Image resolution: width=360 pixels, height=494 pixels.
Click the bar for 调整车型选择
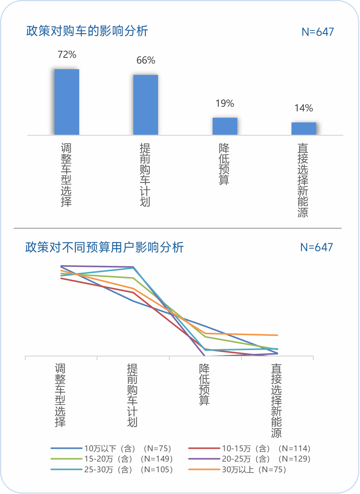coord(67,102)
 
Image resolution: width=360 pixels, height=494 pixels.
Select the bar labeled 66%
coord(146,105)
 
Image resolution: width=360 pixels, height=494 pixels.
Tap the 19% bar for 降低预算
coord(225,126)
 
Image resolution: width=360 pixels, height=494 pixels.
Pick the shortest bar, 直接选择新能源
coord(304,128)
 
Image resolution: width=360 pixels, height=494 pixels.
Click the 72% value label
coord(67,55)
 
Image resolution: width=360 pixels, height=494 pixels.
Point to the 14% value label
coord(304,108)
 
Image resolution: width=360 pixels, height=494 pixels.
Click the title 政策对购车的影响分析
coord(87,31)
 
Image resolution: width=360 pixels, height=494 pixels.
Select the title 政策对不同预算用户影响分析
coord(104,248)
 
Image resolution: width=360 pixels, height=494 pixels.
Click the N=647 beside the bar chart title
coord(318,32)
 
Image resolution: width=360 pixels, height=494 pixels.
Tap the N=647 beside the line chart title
coord(316,248)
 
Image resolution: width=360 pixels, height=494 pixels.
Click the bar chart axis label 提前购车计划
coord(145,175)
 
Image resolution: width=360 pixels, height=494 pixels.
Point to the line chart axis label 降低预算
coord(204,384)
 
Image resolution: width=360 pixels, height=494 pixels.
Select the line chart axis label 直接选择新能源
coord(276,400)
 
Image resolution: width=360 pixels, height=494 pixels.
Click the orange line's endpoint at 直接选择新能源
coord(277,335)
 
